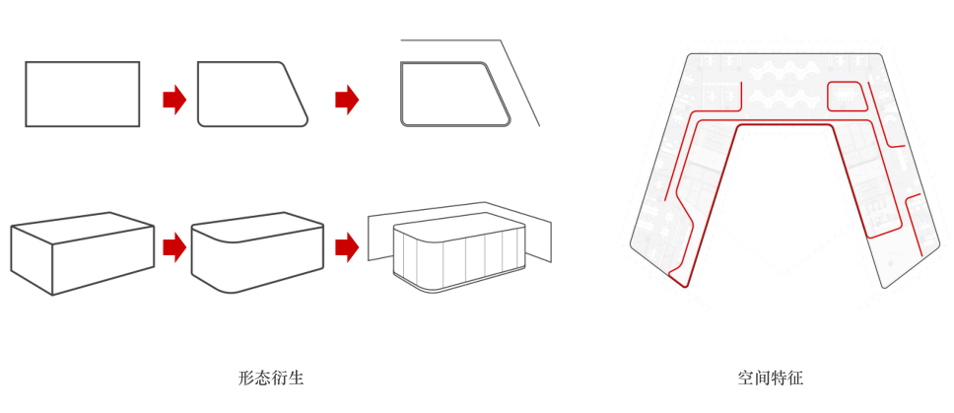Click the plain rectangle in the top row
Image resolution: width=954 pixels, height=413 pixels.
coord(82,95)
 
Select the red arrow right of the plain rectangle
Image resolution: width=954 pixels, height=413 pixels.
coord(174,99)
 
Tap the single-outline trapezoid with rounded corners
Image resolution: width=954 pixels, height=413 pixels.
coord(249,95)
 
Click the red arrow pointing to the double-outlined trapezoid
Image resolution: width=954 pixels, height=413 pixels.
coord(347,99)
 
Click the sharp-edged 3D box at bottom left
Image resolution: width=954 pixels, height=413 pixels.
coord(82,253)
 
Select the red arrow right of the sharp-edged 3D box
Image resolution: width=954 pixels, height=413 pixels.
coord(174,247)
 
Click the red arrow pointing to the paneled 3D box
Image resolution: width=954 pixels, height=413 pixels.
coord(347,247)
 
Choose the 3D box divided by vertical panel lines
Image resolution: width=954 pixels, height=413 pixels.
coord(458,254)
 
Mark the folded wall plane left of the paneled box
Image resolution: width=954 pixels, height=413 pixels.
coord(380,236)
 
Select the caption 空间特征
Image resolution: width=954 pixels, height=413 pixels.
coord(771,378)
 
